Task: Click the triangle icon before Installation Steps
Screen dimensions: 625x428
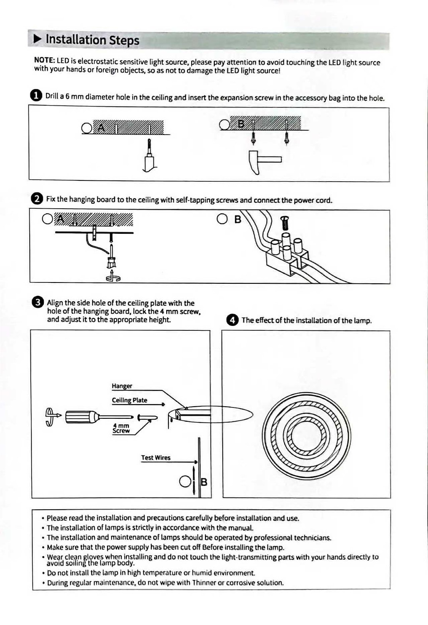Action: [x=38, y=39]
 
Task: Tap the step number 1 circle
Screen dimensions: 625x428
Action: [x=36, y=95]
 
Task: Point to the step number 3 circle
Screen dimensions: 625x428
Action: [x=38, y=302]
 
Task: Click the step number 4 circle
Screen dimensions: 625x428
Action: [x=232, y=320]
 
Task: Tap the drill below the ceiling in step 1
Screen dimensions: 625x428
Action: [x=149, y=156]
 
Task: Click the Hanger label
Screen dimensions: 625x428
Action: [x=122, y=386]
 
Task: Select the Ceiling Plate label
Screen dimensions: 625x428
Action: [x=129, y=400]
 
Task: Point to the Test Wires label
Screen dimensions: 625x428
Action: [x=155, y=457]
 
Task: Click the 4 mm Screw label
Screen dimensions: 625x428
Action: [x=121, y=428]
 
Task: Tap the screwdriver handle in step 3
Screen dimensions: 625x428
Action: [x=81, y=416]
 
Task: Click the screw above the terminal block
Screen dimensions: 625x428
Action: [x=285, y=222]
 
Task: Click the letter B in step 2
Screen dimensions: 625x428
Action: [x=238, y=219]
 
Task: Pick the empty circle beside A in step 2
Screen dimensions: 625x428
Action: [x=48, y=219]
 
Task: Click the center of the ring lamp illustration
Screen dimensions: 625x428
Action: [x=306, y=435]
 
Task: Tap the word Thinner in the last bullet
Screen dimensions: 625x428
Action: [x=204, y=582]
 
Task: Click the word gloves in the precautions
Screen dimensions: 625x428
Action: [x=93, y=557]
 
